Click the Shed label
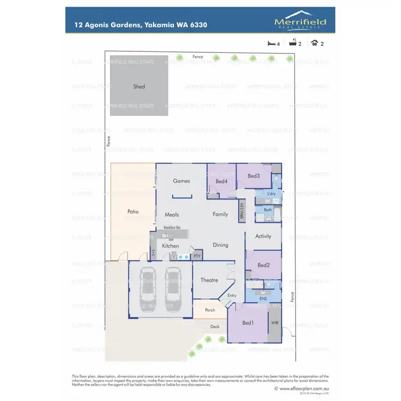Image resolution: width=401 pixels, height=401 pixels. [139, 87]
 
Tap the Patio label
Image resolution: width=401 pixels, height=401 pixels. [133, 212]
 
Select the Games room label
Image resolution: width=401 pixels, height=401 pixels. [181, 181]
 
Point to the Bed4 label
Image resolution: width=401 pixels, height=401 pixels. [222, 182]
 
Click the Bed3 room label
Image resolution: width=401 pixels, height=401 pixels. [253, 176]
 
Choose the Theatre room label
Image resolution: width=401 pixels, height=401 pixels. [209, 280]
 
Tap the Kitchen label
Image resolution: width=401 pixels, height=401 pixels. [171, 246]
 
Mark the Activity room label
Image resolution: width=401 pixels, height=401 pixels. [263, 236]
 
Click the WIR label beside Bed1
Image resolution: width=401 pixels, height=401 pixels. [275, 323]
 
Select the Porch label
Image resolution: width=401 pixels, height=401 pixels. [210, 310]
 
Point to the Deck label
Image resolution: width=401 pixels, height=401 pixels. [214, 327]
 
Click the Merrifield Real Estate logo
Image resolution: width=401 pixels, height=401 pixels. [300, 21]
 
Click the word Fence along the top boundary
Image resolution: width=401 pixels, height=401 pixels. [198, 56]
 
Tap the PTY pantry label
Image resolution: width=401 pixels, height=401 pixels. [197, 257]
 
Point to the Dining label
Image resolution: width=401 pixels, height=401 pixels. [220, 245]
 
